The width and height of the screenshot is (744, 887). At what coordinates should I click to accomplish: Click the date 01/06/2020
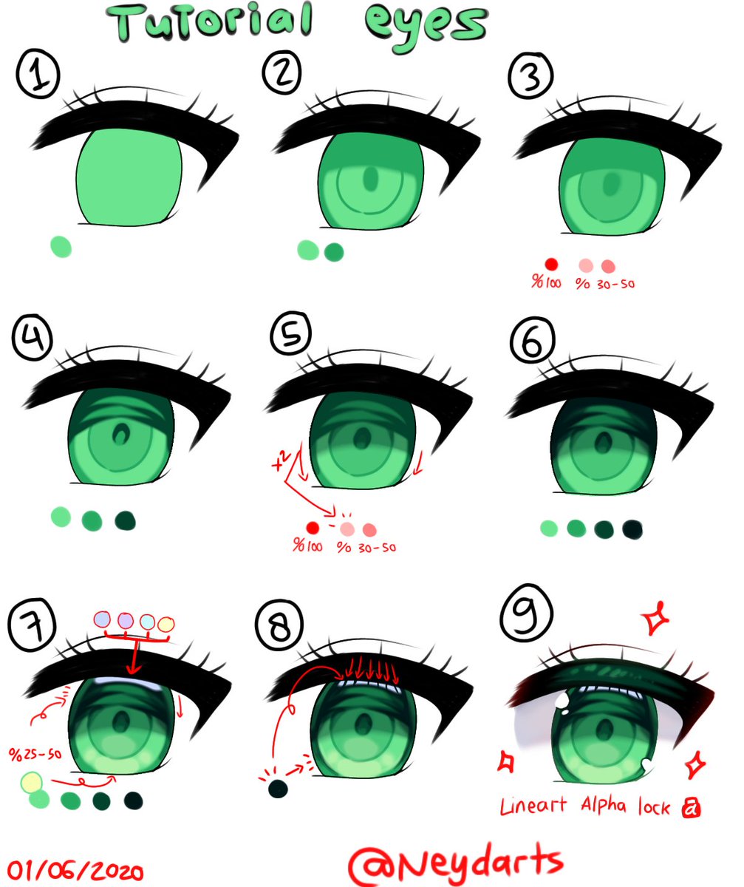tap(73, 868)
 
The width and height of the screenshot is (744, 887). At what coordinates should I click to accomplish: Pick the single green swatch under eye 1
tap(61, 246)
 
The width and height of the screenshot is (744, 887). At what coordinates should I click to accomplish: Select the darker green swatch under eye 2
tap(334, 251)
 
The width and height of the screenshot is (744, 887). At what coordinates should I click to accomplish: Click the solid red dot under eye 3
tap(550, 264)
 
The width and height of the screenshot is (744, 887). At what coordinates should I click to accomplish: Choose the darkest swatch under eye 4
tap(124, 520)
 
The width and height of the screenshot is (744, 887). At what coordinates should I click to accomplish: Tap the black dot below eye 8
tap(278, 789)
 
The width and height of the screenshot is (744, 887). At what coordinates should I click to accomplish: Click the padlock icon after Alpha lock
tap(692, 807)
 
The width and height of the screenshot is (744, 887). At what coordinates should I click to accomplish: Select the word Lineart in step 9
tap(533, 805)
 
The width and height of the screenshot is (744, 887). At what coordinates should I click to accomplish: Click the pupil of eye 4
tap(117, 435)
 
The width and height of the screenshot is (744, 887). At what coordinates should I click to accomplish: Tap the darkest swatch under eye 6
tap(632, 529)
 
